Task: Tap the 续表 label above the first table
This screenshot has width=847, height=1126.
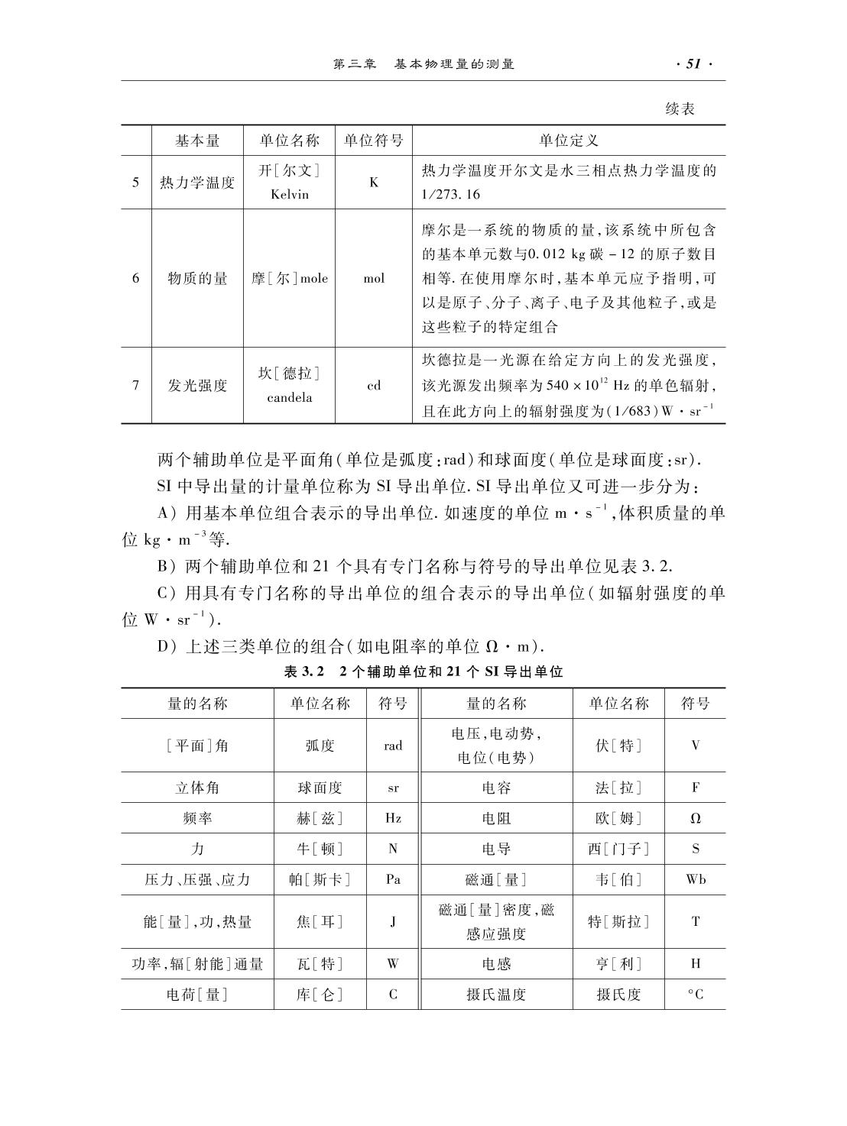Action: [x=680, y=109]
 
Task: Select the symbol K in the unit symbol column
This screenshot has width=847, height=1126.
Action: [x=374, y=183]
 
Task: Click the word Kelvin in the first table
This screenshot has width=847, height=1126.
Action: [x=290, y=194]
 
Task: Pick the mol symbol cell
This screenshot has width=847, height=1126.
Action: [x=374, y=278]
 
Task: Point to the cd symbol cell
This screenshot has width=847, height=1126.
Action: [x=374, y=385]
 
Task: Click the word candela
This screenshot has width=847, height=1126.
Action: [x=290, y=397]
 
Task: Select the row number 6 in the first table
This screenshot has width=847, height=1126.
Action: [x=136, y=278]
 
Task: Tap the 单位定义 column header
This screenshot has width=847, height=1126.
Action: [x=569, y=141]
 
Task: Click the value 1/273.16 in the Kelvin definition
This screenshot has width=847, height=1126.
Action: [x=451, y=194]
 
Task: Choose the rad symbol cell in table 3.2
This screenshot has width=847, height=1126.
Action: [x=393, y=745]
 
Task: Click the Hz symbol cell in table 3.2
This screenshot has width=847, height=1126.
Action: [x=393, y=818]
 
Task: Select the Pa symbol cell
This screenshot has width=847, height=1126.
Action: [x=393, y=879]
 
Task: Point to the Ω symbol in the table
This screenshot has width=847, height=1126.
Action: [x=695, y=818]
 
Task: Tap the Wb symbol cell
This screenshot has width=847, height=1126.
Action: [x=695, y=879]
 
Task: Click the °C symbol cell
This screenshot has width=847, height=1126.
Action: [x=695, y=994]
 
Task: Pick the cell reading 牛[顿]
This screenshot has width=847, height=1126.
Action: [x=320, y=849]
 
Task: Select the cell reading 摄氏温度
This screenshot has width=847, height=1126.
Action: [x=496, y=994]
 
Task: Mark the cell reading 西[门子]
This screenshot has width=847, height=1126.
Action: [x=618, y=849]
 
